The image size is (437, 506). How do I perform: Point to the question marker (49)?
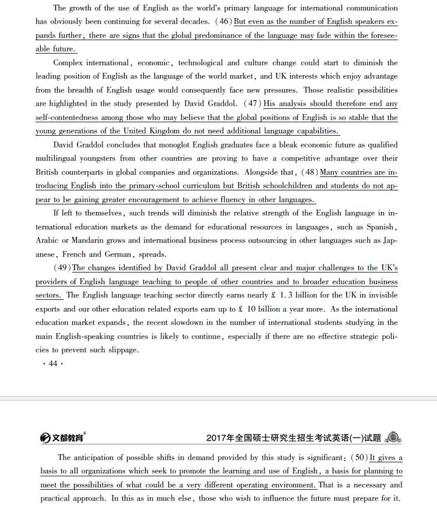tap(62, 268)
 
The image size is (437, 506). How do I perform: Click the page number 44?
tap(53, 363)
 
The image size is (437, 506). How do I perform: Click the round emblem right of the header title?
tap(393, 437)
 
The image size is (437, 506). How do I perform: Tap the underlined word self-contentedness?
tap(71, 118)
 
